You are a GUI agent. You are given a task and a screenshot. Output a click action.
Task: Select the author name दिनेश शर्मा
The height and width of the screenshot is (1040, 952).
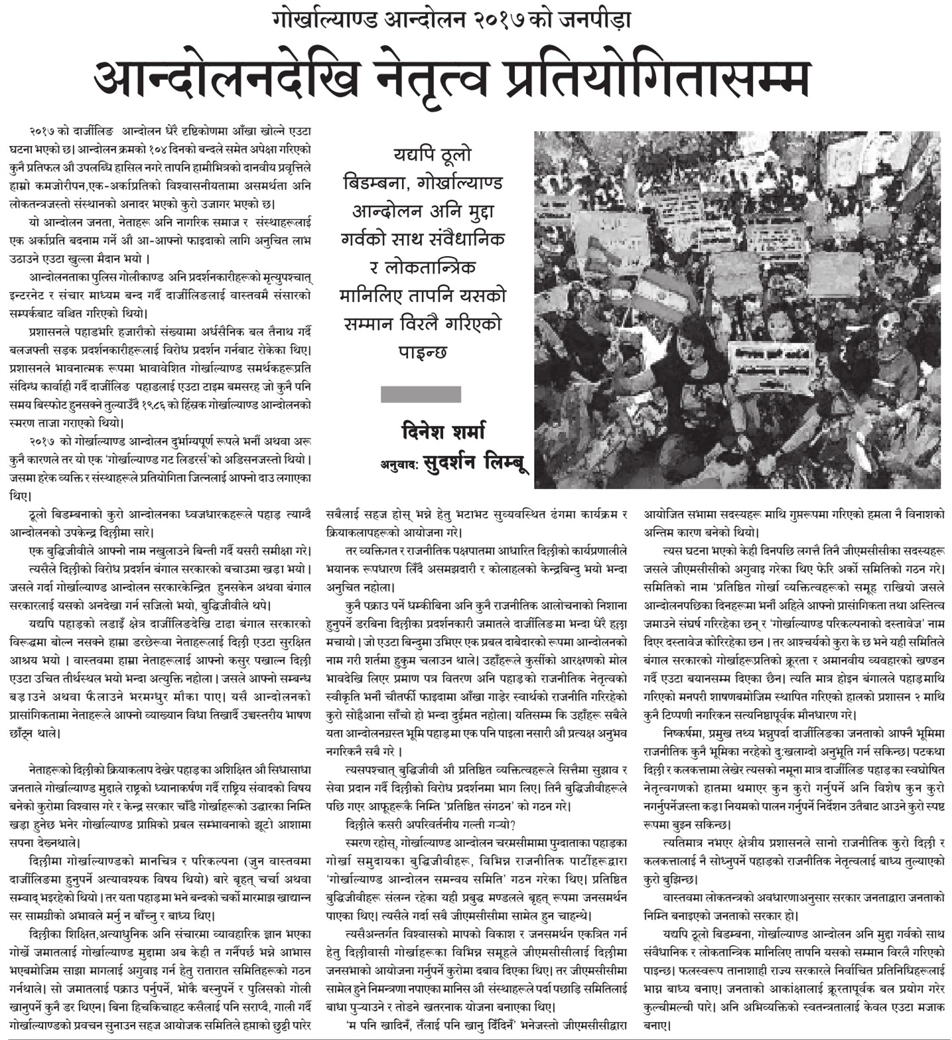(442, 432)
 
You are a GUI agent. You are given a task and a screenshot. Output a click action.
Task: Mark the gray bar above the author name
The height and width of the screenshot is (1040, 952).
(421, 394)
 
